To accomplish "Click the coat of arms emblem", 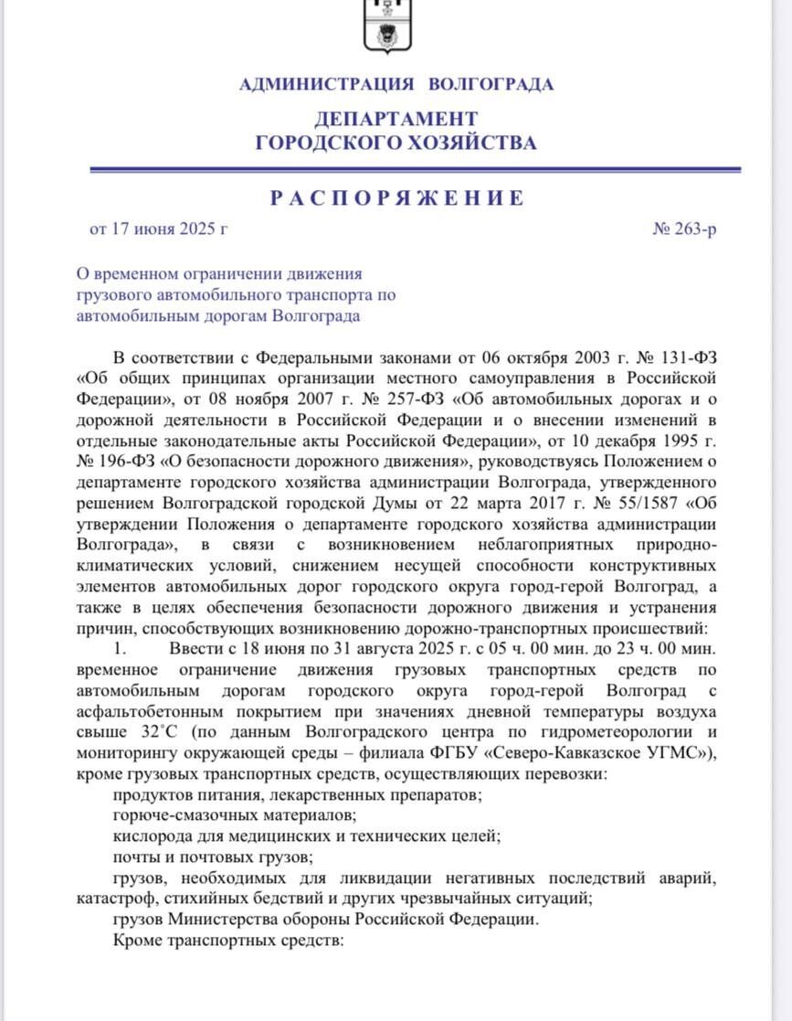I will (x=396, y=26).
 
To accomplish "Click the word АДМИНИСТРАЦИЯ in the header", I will (x=326, y=85).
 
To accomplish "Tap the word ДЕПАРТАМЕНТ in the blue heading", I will (x=396, y=119).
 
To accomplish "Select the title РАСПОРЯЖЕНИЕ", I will (x=396, y=198).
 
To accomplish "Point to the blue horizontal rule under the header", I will (x=416, y=169).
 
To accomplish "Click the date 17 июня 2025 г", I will (x=167, y=229).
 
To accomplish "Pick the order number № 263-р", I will (x=684, y=229).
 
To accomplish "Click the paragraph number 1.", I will (x=118, y=649).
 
